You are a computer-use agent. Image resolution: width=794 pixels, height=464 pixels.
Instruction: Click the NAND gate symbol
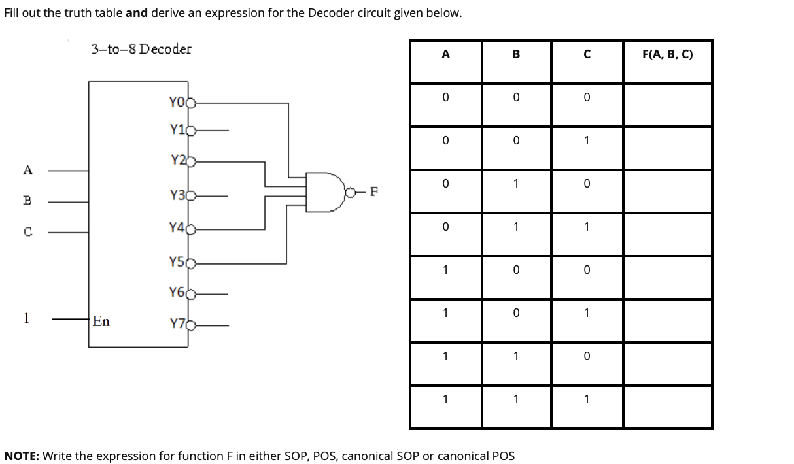pyautogui.click(x=325, y=191)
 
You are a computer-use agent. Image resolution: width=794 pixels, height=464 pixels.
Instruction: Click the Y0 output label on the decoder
pyautogui.click(x=175, y=102)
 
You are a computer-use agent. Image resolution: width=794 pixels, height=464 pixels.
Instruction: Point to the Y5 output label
pyautogui.click(x=176, y=262)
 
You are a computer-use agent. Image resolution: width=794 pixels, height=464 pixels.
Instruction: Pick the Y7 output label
pyautogui.click(x=176, y=323)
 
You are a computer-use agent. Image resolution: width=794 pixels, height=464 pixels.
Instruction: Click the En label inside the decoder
pyautogui.click(x=101, y=321)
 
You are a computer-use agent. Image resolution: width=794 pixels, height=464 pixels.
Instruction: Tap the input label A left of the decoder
pyautogui.click(x=27, y=171)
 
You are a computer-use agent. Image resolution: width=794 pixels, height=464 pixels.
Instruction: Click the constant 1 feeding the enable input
pyautogui.click(x=26, y=318)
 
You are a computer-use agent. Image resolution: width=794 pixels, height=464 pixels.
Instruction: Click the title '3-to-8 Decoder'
pyautogui.click(x=141, y=49)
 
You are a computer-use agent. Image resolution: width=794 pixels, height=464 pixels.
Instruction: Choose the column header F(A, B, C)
pyautogui.click(x=667, y=55)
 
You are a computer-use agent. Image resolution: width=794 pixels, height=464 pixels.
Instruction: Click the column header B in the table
pyautogui.click(x=516, y=55)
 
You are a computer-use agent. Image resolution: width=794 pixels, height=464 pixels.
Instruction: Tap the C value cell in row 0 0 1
pyautogui.click(x=587, y=141)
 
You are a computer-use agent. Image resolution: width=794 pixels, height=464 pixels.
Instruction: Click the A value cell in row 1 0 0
pyautogui.click(x=445, y=270)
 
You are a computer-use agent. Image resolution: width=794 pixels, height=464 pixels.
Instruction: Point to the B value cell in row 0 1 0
pyautogui.click(x=516, y=184)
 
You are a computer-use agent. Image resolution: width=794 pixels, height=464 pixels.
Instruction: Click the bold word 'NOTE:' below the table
pyautogui.click(x=22, y=456)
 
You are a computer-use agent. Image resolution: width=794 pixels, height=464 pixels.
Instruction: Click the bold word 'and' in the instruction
pyautogui.click(x=137, y=13)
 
